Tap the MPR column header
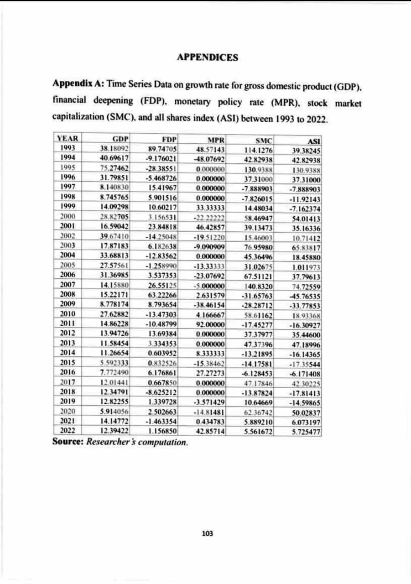(214, 139)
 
